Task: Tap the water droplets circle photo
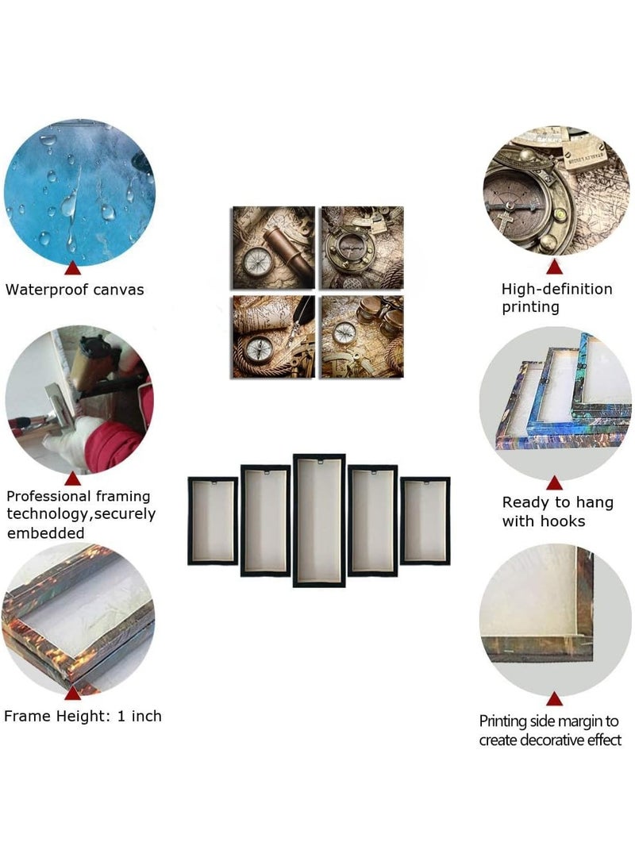click(x=79, y=192)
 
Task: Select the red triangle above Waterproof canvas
click(x=72, y=268)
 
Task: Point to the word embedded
click(x=46, y=533)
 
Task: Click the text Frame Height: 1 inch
click(x=83, y=716)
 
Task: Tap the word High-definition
click(x=556, y=289)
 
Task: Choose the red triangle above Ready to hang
click(x=554, y=483)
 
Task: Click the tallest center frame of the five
click(x=319, y=521)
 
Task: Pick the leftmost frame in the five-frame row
click(x=213, y=521)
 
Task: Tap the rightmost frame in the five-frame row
click(x=425, y=521)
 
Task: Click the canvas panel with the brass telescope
click(x=273, y=248)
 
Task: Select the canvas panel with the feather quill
click(x=273, y=336)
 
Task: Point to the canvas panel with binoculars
click(x=362, y=336)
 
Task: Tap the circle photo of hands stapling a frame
click(x=79, y=399)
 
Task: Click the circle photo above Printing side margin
click(x=555, y=619)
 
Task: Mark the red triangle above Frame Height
click(x=72, y=693)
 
